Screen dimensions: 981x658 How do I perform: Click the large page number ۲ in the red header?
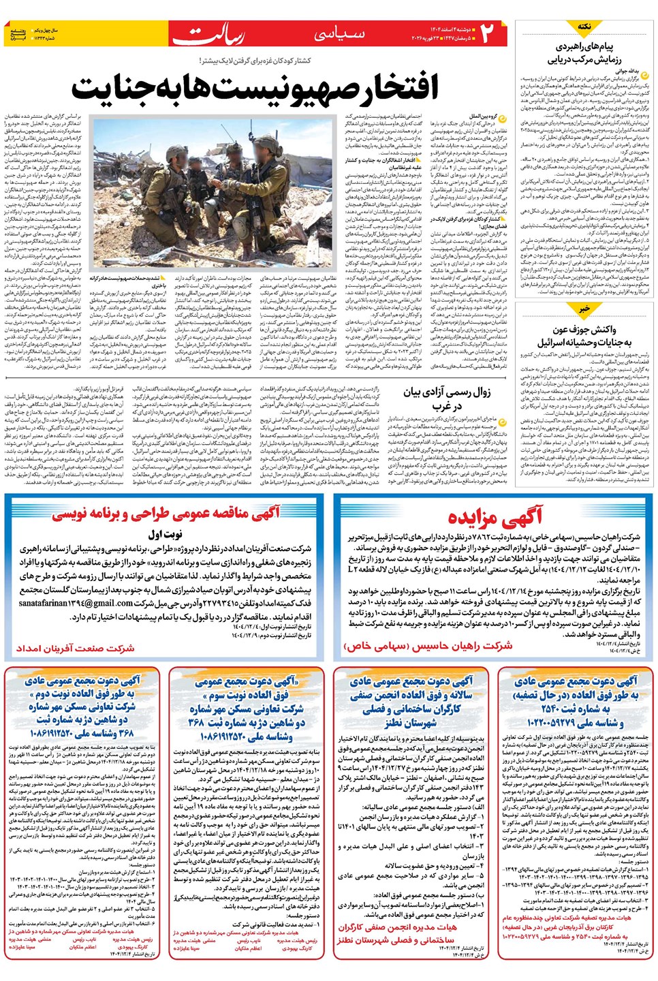(x=488, y=33)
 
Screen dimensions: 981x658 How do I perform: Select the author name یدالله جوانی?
(x=627, y=70)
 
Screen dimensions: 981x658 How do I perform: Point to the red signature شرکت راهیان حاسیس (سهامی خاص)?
(x=428, y=645)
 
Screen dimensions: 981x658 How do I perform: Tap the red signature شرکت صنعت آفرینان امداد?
(x=75, y=647)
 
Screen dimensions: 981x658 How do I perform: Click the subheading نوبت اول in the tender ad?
(x=165, y=534)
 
